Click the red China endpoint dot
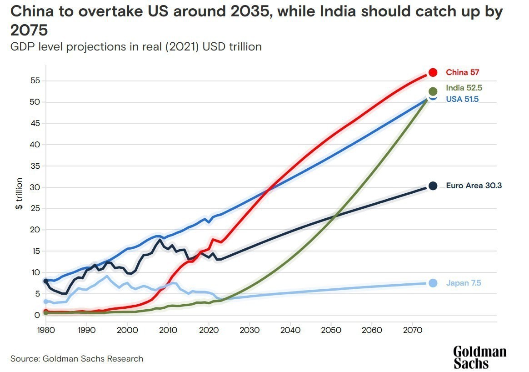click(x=433, y=72)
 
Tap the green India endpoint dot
click(x=433, y=91)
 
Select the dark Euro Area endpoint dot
click(x=433, y=186)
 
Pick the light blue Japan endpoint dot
click(x=433, y=283)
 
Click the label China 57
click(x=462, y=72)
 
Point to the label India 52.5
click(x=464, y=88)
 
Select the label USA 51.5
click(x=462, y=99)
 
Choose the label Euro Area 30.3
click(x=474, y=186)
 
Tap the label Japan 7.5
click(x=463, y=283)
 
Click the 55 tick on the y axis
click(x=35, y=81)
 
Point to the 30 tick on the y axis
click(x=35, y=187)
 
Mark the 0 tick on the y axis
click(x=38, y=315)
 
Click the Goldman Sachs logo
click(x=479, y=357)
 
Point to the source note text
click(x=76, y=359)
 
